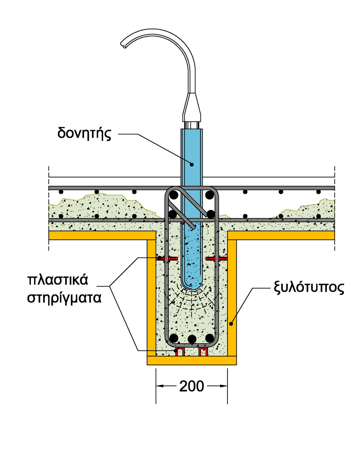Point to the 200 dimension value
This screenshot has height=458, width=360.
(x=191, y=387)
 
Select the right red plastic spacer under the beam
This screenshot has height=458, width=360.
(x=203, y=352)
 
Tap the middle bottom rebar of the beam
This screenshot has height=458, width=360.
(x=192, y=339)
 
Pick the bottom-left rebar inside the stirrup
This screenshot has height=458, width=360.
(x=174, y=338)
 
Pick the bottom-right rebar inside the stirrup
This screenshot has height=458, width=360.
(x=209, y=338)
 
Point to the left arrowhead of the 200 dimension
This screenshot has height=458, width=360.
(x=160, y=386)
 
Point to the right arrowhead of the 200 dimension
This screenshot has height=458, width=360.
(x=224, y=386)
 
